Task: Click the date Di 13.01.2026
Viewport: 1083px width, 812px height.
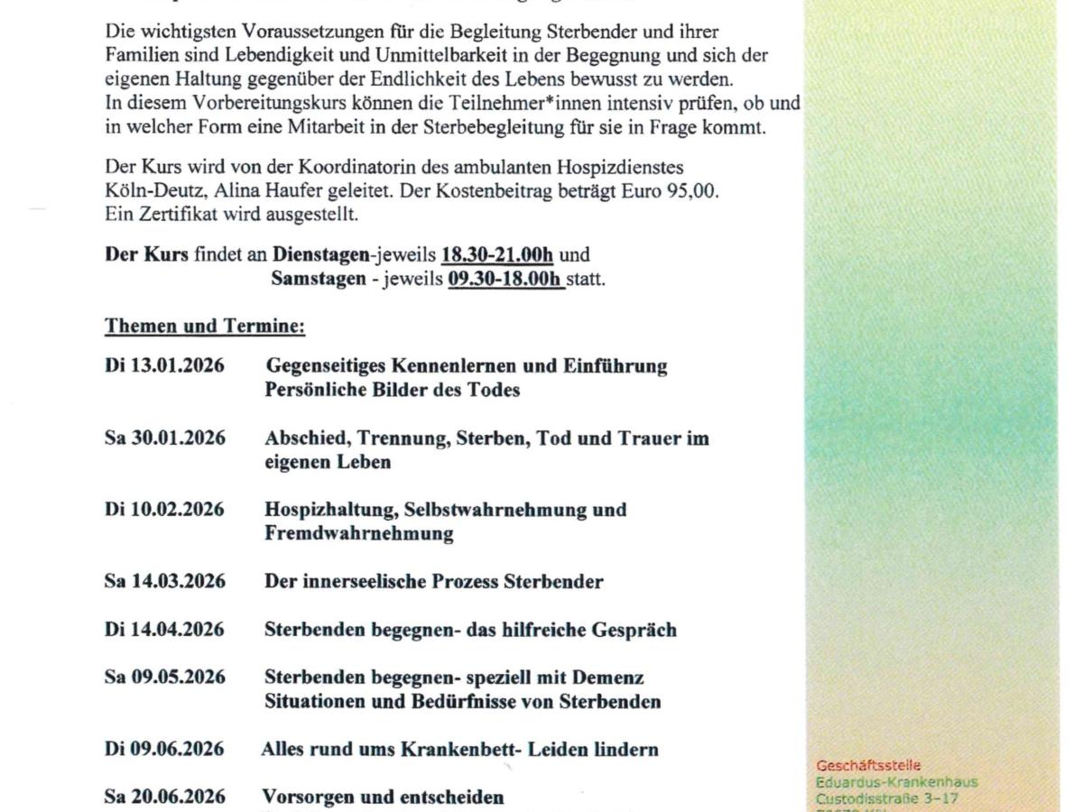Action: point(164,366)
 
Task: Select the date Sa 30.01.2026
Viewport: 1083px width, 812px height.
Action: point(164,438)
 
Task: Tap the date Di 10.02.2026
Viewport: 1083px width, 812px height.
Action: point(164,510)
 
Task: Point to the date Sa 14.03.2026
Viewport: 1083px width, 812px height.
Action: point(164,581)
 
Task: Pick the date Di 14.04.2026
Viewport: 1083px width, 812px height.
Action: point(164,630)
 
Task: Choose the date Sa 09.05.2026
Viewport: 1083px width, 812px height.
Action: point(164,678)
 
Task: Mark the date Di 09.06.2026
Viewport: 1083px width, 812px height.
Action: point(164,749)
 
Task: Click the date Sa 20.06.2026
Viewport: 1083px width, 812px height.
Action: point(164,798)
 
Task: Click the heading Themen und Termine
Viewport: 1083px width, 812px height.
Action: point(205,326)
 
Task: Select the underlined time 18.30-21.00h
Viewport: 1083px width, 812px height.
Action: point(497,255)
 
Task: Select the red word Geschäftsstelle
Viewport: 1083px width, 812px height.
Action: point(868,766)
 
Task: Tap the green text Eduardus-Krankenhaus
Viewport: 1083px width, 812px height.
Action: point(896,782)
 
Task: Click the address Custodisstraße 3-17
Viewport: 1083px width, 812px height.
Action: point(887,798)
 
